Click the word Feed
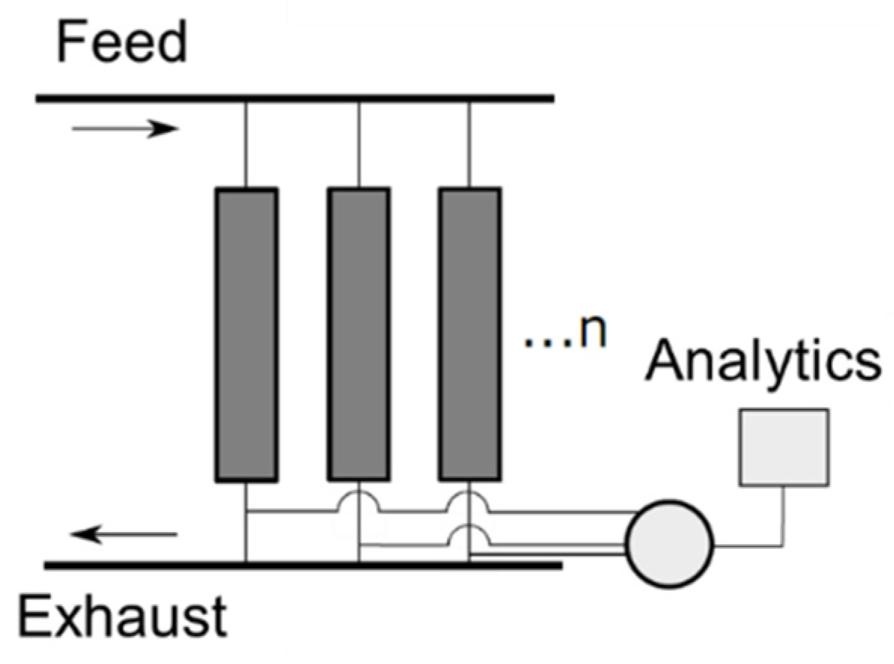pyautogui.click(x=121, y=43)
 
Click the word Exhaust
pyautogui.click(x=123, y=618)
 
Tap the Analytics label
pyautogui.click(x=764, y=362)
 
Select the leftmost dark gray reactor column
pyautogui.click(x=246, y=334)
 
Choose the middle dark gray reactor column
pyautogui.click(x=358, y=334)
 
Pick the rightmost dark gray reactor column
pyautogui.click(x=469, y=334)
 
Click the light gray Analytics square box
pyautogui.click(x=784, y=446)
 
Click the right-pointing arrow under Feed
pyautogui.click(x=125, y=129)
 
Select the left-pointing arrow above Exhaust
pyautogui.click(x=125, y=535)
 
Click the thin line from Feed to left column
pyautogui.click(x=246, y=143)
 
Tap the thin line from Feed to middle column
pyautogui.click(x=358, y=143)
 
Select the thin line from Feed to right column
pyautogui.click(x=469, y=143)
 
